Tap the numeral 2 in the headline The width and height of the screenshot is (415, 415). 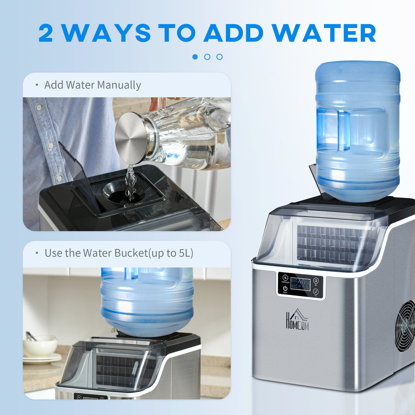pos(45,33)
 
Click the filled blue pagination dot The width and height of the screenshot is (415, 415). pos(195,57)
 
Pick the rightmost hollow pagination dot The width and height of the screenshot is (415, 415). pos(219,57)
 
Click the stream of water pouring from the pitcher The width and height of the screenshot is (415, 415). pos(131,183)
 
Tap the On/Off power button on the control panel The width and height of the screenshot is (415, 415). pos(285,289)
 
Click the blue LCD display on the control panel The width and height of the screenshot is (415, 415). pos(300,284)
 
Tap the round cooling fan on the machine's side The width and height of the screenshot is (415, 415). pos(406,326)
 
